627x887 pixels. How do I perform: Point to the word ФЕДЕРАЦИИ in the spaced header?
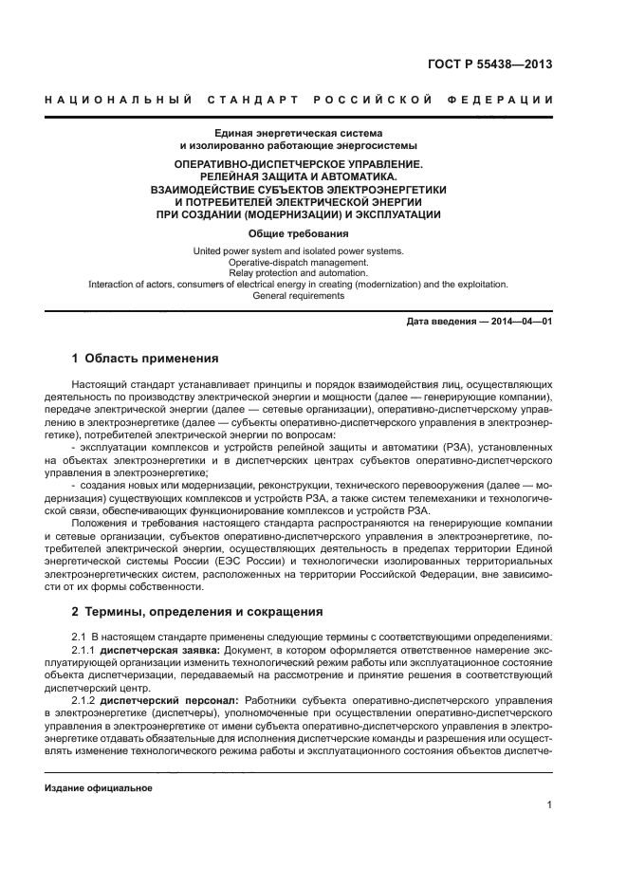click(507, 100)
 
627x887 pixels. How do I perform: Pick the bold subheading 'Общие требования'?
click(298, 233)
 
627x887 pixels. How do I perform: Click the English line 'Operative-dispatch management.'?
click(298, 262)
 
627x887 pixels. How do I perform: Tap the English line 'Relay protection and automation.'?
click(298, 273)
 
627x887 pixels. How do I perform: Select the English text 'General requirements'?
click(298, 296)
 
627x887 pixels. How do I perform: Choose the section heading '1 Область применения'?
click(145, 359)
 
